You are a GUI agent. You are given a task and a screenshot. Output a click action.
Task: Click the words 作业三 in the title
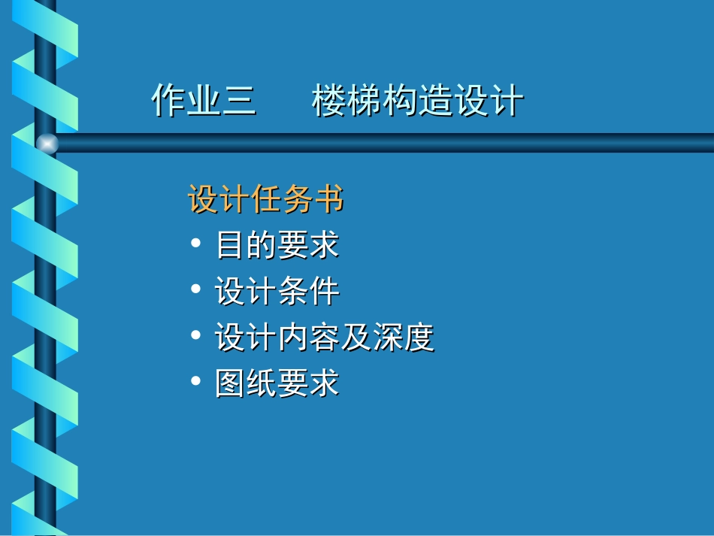[204, 101]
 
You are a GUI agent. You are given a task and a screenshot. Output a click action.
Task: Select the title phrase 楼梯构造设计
[417, 101]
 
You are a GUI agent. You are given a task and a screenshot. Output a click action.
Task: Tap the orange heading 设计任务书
[265, 201]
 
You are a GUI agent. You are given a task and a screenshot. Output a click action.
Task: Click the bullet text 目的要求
[277, 245]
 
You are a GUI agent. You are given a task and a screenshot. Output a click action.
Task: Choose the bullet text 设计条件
[277, 292]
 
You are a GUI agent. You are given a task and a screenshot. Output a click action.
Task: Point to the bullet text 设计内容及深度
[324, 338]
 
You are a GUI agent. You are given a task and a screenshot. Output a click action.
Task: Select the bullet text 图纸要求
[277, 383]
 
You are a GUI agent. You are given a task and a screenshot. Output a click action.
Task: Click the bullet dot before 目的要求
[196, 244]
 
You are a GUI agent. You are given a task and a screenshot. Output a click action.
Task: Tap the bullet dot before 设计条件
[196, 290]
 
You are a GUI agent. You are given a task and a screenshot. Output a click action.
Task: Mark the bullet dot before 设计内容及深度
[196, 336]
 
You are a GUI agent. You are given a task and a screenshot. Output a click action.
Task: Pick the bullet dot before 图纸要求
[196, 382]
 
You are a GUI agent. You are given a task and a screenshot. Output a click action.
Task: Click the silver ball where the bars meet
[47, 144]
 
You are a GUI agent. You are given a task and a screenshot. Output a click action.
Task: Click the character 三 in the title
[239, 101]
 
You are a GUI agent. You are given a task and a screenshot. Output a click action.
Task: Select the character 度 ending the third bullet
[419, 338]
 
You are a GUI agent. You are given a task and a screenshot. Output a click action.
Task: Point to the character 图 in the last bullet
[230, 383]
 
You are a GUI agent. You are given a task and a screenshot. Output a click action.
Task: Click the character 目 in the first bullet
[230, 245]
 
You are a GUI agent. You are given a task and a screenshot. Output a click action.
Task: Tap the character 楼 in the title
[329, 101]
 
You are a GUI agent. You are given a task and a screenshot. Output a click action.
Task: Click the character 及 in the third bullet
[355, 338]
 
